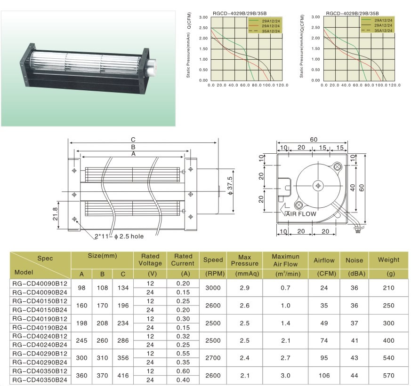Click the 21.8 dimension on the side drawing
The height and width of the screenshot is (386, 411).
point(55,214)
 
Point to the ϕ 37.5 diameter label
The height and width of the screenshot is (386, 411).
point(230,186)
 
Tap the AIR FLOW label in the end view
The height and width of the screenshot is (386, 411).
point(301,214)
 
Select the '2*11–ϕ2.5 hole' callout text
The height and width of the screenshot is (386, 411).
point(119,236)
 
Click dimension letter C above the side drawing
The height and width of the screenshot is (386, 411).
point(133,140)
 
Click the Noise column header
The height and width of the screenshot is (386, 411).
point(355,260)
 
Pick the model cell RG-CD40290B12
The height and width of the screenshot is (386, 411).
point(40,354)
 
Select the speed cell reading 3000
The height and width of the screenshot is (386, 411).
point(213,288)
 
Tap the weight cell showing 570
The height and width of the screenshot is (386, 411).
point(388,376)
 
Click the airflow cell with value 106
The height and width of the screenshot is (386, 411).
point(324,376)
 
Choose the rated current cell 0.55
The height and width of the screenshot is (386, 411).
point(183,354)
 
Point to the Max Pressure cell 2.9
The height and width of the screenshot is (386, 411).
point(244,288)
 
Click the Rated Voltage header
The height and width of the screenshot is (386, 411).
point(150,260)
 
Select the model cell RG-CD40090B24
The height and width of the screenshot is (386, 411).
point(40,292)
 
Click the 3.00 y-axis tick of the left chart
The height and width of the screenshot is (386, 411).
point(203,17)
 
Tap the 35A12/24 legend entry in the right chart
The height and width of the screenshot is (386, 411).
point(383,31)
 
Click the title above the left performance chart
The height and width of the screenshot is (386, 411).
point(240,13)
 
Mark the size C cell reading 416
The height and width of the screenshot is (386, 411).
point(123,376)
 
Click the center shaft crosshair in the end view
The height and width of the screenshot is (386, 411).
point(318,186)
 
